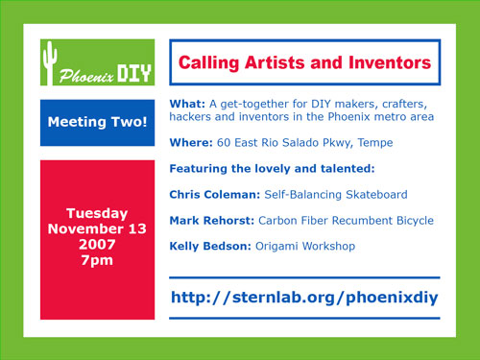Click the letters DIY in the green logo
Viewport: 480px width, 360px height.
point(132,72)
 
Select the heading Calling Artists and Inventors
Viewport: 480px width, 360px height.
point(304,63)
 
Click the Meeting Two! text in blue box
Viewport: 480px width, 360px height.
point(97,123)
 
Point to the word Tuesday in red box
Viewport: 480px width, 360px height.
point(97,212)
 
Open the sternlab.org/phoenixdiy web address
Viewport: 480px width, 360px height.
point(303,298)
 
